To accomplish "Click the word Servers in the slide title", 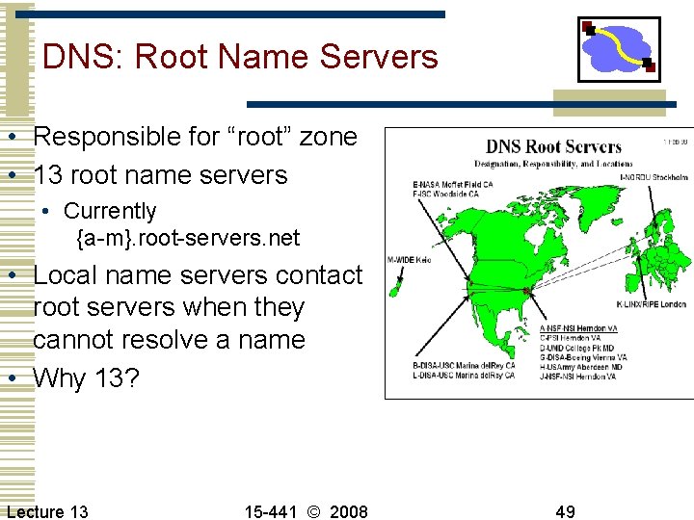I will click(379, 57).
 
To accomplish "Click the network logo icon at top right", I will click(619, 50).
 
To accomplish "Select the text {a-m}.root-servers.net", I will click(188, 237).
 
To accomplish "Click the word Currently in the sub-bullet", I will click(110, 210).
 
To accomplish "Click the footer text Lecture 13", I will click(47, 511).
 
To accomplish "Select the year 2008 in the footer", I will click(348, 511).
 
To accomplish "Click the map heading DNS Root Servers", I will click(553, 147).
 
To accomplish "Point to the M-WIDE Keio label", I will click(409, 259).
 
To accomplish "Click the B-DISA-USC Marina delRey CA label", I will click(464, 365).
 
